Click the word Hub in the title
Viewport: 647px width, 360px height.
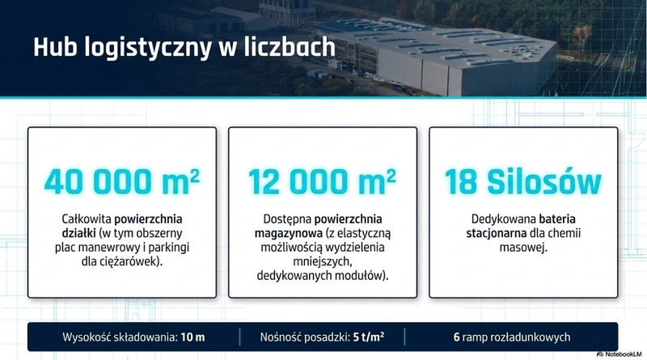[55, 47]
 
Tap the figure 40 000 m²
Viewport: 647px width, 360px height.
[122, 182]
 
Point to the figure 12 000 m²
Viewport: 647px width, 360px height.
[322, 182]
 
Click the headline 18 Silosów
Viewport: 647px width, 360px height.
[523, 182]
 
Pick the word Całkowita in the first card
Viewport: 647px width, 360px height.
[87, 218]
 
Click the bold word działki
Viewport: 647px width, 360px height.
[78, 233]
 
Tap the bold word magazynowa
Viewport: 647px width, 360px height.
[289, 234]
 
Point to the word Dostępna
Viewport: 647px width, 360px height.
[287, 219]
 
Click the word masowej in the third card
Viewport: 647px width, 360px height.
[522, 248]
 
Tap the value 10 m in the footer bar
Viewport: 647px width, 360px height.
[192, 337]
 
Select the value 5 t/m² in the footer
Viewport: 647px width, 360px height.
[369, 337]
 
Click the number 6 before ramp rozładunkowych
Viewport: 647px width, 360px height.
[456, 337]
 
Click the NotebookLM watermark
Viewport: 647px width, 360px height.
[620, 354]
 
